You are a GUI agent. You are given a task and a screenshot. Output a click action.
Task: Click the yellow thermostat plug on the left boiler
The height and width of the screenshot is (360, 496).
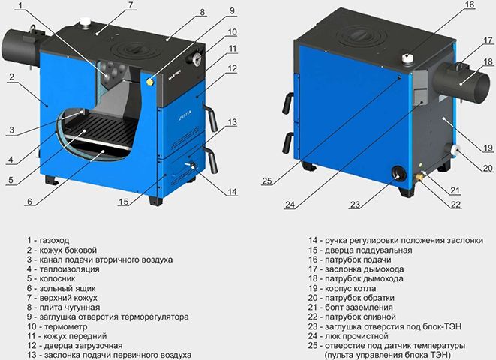149,82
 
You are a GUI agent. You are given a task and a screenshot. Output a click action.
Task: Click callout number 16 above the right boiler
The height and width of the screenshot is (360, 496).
470,4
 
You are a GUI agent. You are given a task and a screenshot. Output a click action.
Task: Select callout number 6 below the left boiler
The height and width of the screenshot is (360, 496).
30,202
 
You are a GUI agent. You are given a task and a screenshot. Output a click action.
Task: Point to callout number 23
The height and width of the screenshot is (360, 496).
355,205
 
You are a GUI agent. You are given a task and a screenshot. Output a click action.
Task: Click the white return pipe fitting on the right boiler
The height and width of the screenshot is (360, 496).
454,150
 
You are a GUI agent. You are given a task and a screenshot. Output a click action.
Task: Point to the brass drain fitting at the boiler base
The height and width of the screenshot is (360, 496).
420,176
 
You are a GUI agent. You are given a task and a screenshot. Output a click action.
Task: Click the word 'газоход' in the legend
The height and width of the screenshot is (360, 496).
54,241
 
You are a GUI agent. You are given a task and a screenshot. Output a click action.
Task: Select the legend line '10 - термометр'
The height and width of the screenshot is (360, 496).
57,326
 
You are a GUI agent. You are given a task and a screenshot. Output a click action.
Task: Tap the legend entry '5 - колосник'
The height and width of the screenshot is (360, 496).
51,279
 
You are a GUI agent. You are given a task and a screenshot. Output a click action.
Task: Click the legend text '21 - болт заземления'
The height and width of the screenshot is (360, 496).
351,307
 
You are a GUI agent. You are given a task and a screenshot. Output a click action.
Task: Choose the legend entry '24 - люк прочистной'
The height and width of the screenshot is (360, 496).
348,336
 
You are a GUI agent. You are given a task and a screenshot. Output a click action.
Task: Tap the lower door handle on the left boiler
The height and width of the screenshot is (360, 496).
211,160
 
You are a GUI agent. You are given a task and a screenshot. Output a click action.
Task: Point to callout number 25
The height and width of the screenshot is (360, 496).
267,181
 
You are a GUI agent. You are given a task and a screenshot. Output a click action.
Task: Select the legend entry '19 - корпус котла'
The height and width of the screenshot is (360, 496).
342,288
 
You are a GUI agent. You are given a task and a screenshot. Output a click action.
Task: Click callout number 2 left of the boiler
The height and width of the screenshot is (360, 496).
12,76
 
